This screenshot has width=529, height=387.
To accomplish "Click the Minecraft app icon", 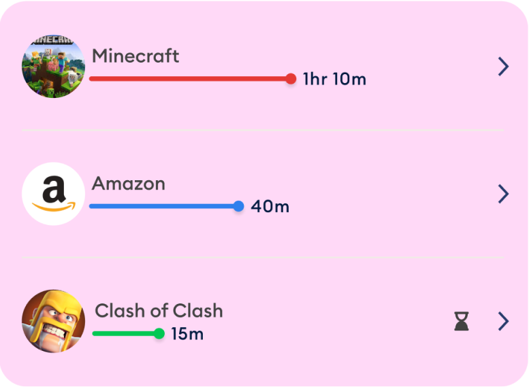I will tap(53, 66).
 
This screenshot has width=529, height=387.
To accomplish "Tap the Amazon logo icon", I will tap(53, 194).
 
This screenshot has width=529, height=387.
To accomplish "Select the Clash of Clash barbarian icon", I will tap(53, 321).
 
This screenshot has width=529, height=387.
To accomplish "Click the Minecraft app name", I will tap(135, 56).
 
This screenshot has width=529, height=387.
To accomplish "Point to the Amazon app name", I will tap(129, 184).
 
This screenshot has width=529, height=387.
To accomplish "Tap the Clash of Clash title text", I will tap(159, 311).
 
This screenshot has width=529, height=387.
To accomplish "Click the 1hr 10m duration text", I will tap(334, 80).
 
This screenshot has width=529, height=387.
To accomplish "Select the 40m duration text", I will tap(270, 206).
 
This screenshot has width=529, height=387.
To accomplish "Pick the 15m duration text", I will tap(187, 334).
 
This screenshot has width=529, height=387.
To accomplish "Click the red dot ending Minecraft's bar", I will tap(291, 79).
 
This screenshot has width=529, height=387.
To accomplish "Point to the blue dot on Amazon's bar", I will tap(238, 206).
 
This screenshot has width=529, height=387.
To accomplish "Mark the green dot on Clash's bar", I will tap(159, 333).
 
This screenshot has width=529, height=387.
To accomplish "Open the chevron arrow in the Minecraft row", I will tap(503, 66).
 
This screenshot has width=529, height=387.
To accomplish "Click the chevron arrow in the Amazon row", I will tap(503, 194).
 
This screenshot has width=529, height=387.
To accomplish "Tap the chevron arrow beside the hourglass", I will tap(503, 321).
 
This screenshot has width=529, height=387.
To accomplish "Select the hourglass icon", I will tap(462, 321).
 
